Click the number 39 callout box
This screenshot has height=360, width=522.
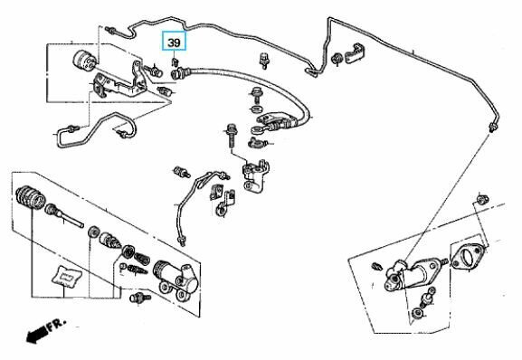pos(174,42)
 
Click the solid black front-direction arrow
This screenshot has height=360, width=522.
pos(36,334)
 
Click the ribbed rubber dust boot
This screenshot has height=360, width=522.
pos(29,198)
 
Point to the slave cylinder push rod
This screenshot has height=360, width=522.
pos(65,216)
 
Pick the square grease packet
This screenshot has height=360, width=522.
pos(67,276)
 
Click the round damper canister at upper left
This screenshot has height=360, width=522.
pos(84,61)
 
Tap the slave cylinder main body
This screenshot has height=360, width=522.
pos(176,279)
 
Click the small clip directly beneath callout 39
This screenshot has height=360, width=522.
pos(175,62)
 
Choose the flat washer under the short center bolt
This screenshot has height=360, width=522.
pos(256,109)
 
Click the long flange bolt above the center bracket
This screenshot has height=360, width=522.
pos(232,136)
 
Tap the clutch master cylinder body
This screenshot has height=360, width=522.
pos(413,273)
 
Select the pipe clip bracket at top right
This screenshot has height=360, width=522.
pos(355,53)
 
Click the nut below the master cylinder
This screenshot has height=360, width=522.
pos(417,313)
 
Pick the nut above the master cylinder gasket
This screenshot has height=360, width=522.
pos(482,200)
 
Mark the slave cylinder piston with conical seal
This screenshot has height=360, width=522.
pos(109,241)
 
